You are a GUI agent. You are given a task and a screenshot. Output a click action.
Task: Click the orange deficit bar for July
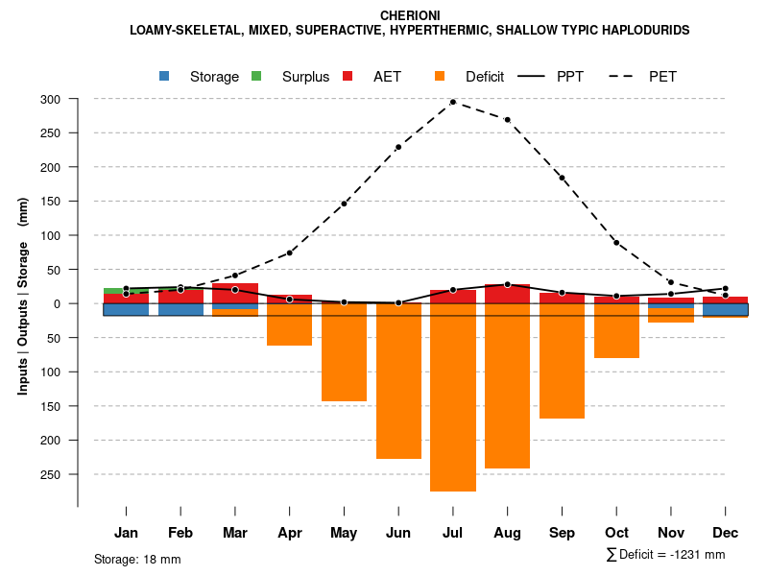point(453,397)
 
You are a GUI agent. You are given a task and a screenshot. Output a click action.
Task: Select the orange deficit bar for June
point(398,381)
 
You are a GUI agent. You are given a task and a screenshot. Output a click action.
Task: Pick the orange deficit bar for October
point(616,330)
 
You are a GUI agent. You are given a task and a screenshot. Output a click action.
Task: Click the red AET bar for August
point(507,294)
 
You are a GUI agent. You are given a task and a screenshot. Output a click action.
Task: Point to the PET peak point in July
point(453,102)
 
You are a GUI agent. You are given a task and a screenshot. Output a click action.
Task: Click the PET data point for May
point(344,204)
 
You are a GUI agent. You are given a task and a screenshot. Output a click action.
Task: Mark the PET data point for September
point(562,178)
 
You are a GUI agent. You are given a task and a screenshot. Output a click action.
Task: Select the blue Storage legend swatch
point(165,77)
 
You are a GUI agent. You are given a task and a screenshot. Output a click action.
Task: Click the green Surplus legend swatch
point(256,77)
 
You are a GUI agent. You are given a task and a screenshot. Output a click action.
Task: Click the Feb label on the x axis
point(180,533)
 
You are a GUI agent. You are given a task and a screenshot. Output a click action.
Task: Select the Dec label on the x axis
point(725,533)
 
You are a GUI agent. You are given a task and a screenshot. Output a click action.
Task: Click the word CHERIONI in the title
point(410,16)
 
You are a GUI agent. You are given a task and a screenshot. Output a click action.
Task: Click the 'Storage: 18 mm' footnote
point(137,559)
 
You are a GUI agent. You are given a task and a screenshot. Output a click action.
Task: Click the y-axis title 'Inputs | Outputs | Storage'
point(23,305)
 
